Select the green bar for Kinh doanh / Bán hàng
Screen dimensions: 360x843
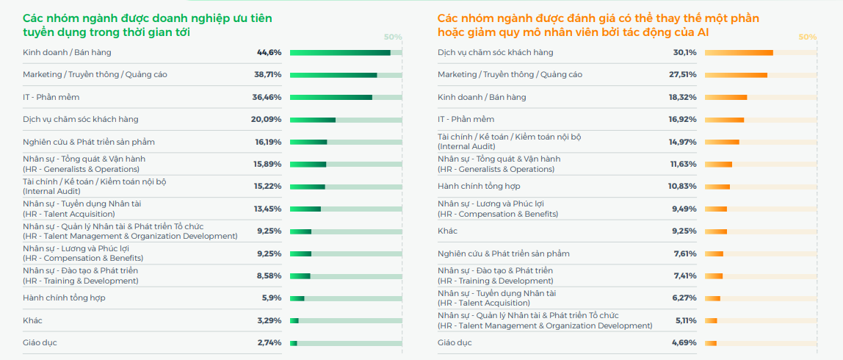[340, 53]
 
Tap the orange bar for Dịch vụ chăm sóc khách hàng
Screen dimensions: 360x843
[739, 53]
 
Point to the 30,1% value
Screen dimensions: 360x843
[684, 52]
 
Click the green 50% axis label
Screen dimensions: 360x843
[393, 37]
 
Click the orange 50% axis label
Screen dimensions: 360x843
[807, 37]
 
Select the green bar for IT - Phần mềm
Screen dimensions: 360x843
[331, 97]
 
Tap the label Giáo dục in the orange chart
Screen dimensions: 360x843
[455, 342]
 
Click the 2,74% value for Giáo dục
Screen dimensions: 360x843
[269, 342]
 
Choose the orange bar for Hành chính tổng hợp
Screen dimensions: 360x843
[717, 187]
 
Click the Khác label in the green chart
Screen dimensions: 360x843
[32, 320]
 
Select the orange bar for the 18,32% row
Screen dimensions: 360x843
[726, 97]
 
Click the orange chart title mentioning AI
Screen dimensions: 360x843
[598, 25]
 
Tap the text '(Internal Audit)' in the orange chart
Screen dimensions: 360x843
[466, 146]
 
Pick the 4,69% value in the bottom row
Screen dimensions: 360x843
[684, 342]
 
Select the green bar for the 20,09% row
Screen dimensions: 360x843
[313, 120]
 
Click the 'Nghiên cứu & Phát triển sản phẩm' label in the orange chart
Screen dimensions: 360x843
[503, 253]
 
